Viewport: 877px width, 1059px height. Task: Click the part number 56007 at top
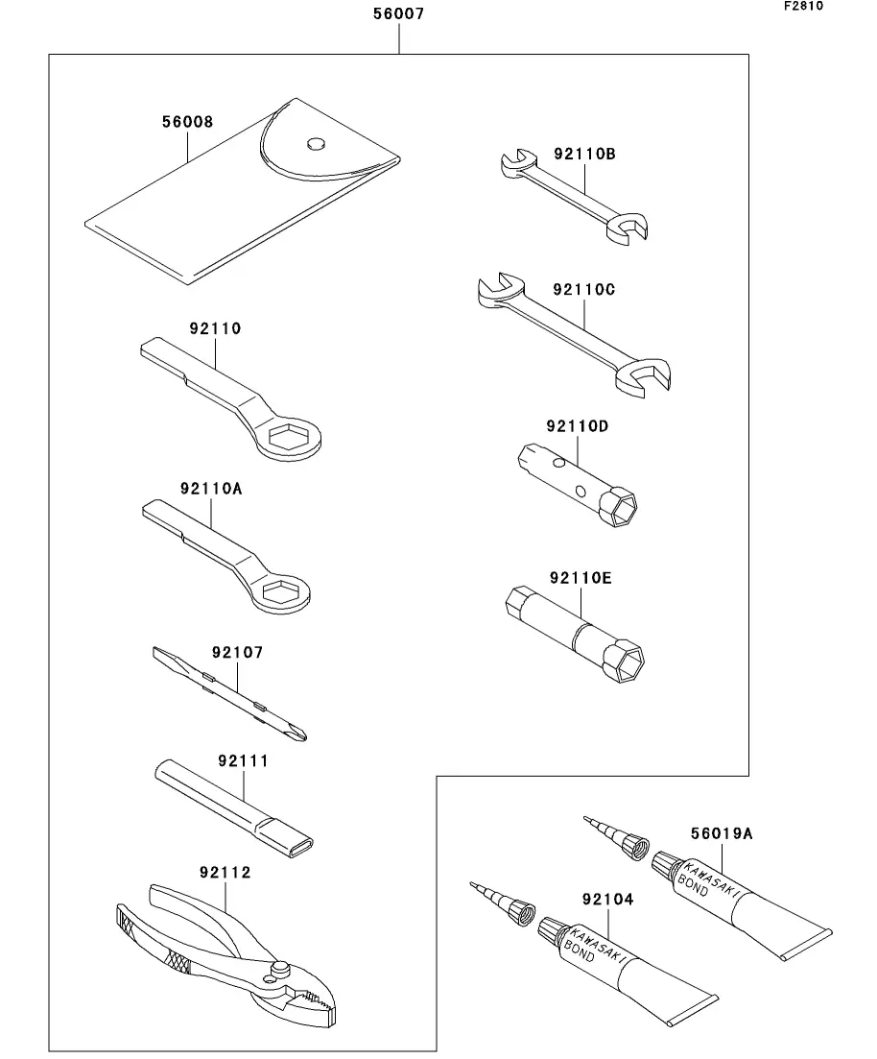398,14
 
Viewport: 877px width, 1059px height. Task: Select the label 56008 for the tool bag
187,123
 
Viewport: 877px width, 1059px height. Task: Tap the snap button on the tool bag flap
315,145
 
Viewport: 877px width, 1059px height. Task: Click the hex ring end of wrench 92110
291,438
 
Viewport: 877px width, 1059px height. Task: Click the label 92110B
583,153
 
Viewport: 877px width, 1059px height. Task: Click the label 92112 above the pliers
225,873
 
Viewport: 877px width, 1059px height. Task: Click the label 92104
607,899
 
